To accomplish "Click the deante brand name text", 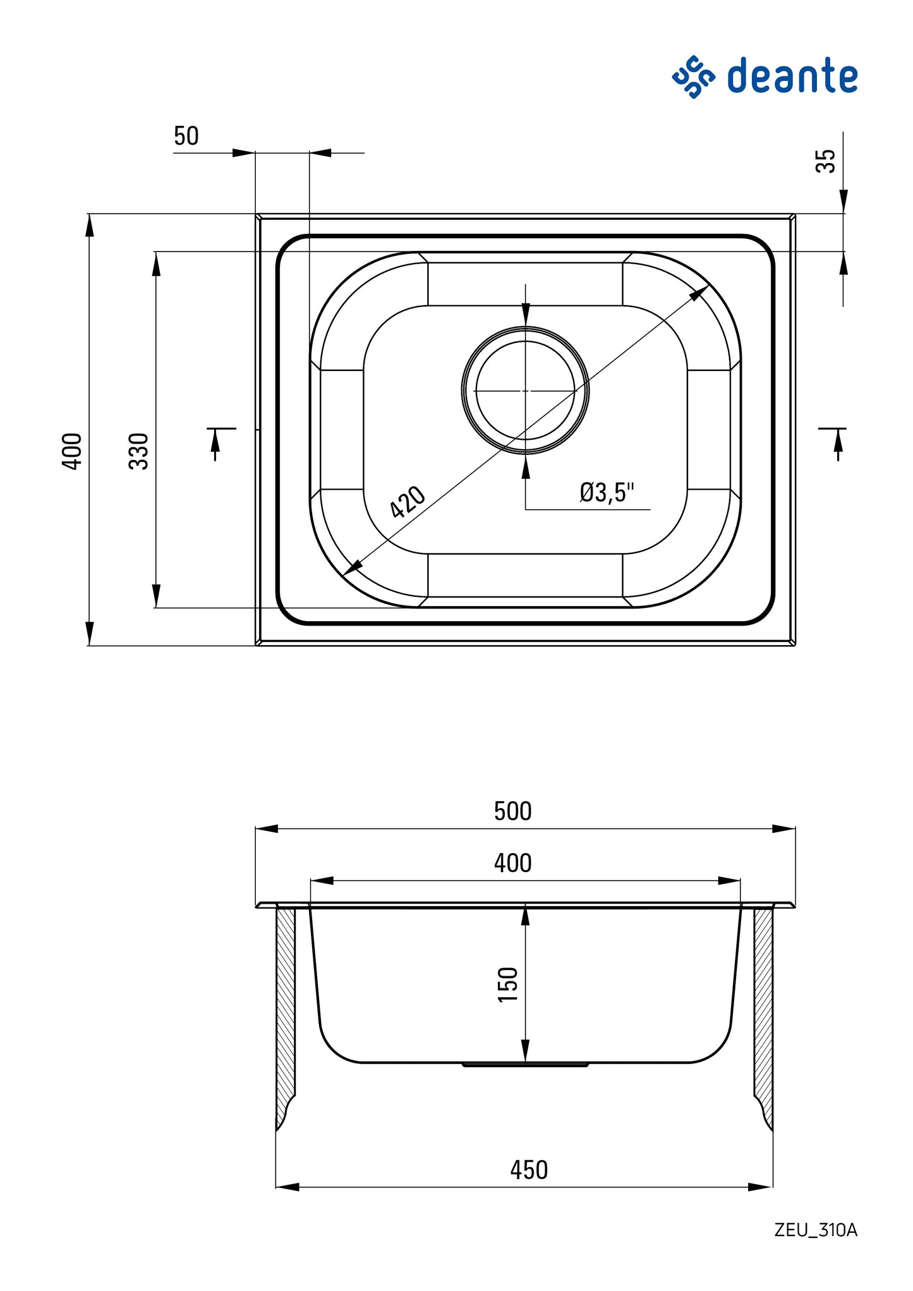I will click(x=792, y=76).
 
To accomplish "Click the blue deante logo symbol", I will click(x=693, y=76).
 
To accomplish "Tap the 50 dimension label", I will click(x=186, y=136).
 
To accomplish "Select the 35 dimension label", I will click(x=825, y=161).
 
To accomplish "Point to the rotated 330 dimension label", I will click(x=138, y=451).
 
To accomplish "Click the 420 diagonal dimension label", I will click(x=407, y=502).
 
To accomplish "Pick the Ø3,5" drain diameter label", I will click(x=606, y=492).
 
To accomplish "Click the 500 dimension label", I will click(x=512, y=811).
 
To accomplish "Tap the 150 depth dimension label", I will click(x=507, y=984).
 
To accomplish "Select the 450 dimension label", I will click(x=529, y=1170).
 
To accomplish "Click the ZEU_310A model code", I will click(x=816, y=1230).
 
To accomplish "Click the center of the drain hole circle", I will click(x=525, y=391).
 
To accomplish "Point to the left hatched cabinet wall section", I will click(x=286, y=1011).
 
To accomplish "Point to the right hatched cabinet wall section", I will click(x=763, y=1011).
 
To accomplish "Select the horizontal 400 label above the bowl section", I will click(x=512, y=863).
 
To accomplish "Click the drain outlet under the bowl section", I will click(x=525, y=1065).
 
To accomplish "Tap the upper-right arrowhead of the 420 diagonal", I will click(x=699, y=293).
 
